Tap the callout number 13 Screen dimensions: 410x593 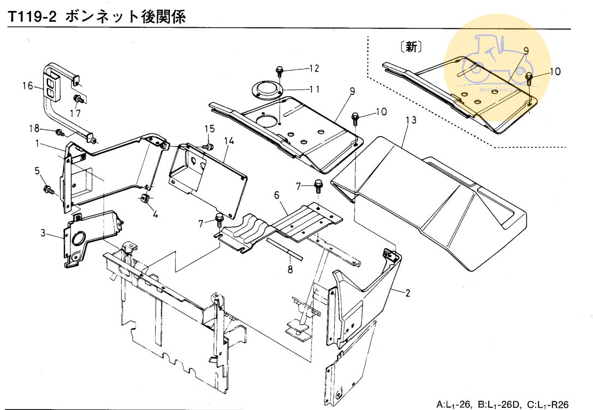[x=410, y=120]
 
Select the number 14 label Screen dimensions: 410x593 [x=228, y=141]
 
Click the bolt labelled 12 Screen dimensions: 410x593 [x=279, y=70]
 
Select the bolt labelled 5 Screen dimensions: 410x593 [x=48, y=190]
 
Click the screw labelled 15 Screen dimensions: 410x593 [x=207, y=147]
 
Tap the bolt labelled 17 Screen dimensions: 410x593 [x=79, y=99]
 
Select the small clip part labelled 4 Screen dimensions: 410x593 [x=146, y=197]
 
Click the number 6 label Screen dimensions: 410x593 [x=276, y=195]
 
